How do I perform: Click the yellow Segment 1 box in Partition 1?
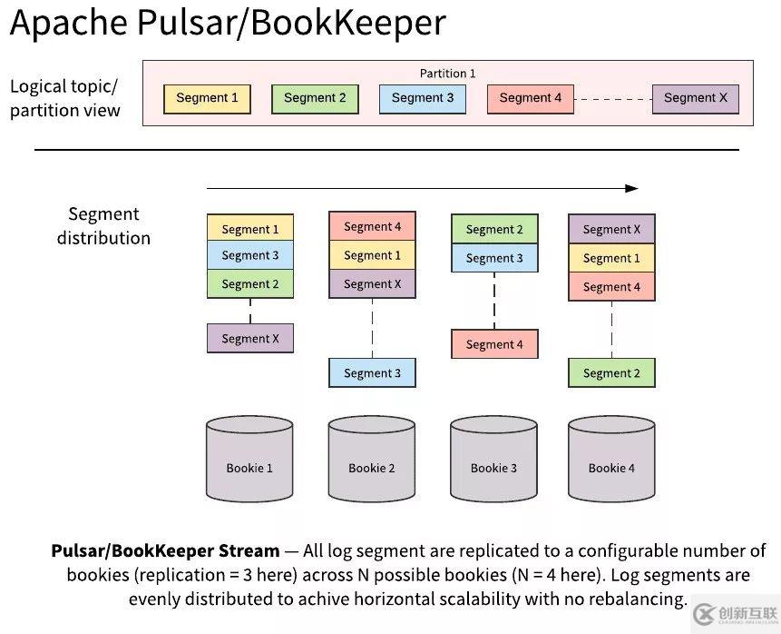point(207,98)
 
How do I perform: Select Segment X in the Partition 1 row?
point(695,98)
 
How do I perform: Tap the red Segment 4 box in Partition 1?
point(530,98)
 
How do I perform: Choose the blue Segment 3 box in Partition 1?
point(422,98)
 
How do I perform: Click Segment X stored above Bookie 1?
point(250,339)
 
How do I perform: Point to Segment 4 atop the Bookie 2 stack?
point(372,227)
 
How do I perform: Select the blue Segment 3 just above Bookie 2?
point(372,373)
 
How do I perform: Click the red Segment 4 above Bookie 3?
point(494,344)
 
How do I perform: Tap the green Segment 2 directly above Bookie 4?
point(611,373)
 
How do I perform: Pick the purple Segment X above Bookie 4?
point(611,230)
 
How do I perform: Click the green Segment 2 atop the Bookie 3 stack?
point(494,230)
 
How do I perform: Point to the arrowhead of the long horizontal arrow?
point(632,189)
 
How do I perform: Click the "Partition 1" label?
point(447,74)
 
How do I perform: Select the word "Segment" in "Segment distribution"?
point(103,214)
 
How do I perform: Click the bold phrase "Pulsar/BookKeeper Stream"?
point(165,551)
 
